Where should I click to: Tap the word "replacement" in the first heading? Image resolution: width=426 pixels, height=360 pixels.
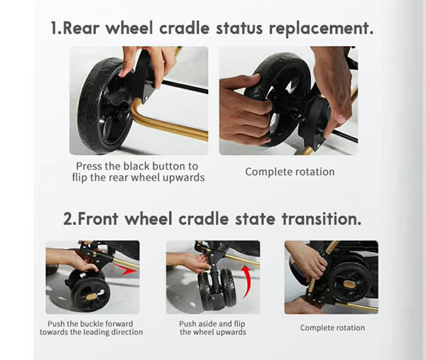tap(321, 29)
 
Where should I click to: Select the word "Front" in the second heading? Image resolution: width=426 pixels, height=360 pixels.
tap(98, 219)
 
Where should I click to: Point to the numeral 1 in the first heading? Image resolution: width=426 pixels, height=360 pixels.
tap(55, 28)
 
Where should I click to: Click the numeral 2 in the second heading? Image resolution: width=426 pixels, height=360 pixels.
tap(68, 219)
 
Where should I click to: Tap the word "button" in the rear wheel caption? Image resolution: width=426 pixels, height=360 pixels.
tap(168, 166)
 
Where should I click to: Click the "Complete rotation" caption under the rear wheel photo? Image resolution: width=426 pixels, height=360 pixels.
tap(290, 172)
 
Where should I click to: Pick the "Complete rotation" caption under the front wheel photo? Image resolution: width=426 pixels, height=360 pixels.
tap(332, 327)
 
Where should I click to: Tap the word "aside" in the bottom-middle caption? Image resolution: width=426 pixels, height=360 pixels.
tap(207, 324)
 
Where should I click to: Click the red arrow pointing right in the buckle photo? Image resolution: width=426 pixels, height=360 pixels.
tap(126, 271)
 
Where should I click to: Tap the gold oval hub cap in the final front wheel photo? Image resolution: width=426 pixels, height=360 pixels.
tap(349, 284)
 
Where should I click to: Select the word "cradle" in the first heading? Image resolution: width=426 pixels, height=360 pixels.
tap(185, 28)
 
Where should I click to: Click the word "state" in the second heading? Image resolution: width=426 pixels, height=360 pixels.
tap(255, 219)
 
